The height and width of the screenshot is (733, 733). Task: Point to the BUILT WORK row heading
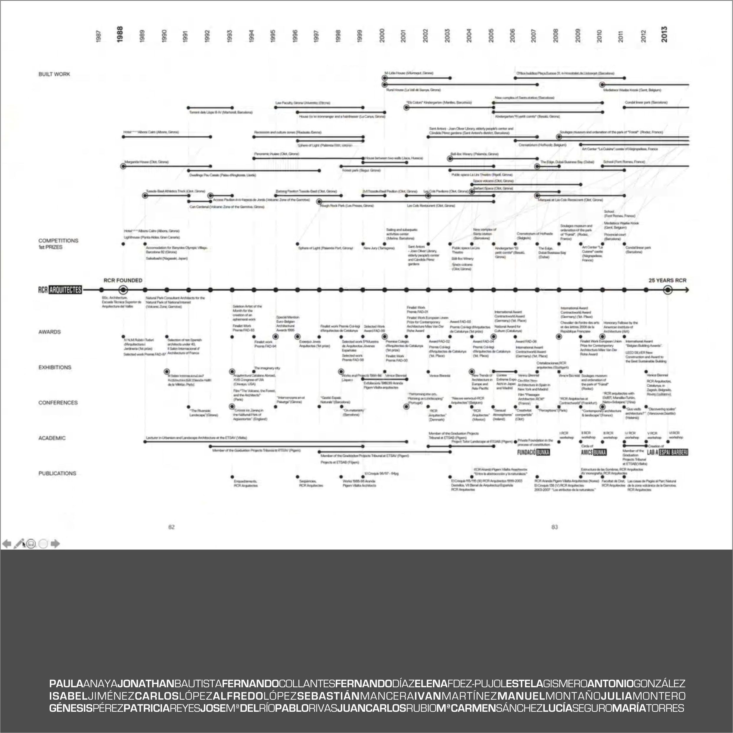[x=54, y=74]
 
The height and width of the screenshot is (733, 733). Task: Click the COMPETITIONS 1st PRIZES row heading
[x=58, y=243]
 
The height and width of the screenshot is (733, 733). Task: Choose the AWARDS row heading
[x=49, y=332]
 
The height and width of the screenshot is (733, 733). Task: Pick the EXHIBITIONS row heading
[x=55, y=367]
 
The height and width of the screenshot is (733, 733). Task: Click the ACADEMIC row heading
[x=52, y=438]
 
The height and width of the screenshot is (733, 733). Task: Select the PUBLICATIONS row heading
[x=57, y=473]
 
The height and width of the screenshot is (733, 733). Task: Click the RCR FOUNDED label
[x=123, y=280]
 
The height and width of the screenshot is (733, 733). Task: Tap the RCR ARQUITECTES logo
[x=60, y=290]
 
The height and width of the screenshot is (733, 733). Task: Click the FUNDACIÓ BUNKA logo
[x=534, y=452]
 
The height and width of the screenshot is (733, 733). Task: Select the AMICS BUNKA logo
[x=594, y=452]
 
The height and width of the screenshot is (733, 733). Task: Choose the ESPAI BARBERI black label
[x=674, y=452]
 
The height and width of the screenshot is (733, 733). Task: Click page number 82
[x=171, y=527]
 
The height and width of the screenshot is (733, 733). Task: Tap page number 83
[x=555, y=527]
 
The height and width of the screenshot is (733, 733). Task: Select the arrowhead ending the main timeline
[x=686, y=290]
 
